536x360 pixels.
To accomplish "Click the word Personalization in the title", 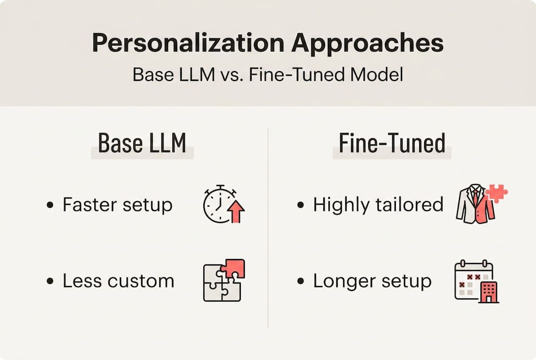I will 188,43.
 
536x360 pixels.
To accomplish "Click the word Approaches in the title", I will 367,43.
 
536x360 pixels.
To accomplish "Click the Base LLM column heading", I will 142,143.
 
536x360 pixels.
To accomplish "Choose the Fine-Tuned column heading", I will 392,143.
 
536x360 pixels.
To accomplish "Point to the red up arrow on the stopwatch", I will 236,212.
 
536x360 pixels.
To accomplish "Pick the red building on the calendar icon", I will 488,292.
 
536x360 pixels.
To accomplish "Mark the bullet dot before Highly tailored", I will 300,205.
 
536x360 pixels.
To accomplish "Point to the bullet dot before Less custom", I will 49,281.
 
